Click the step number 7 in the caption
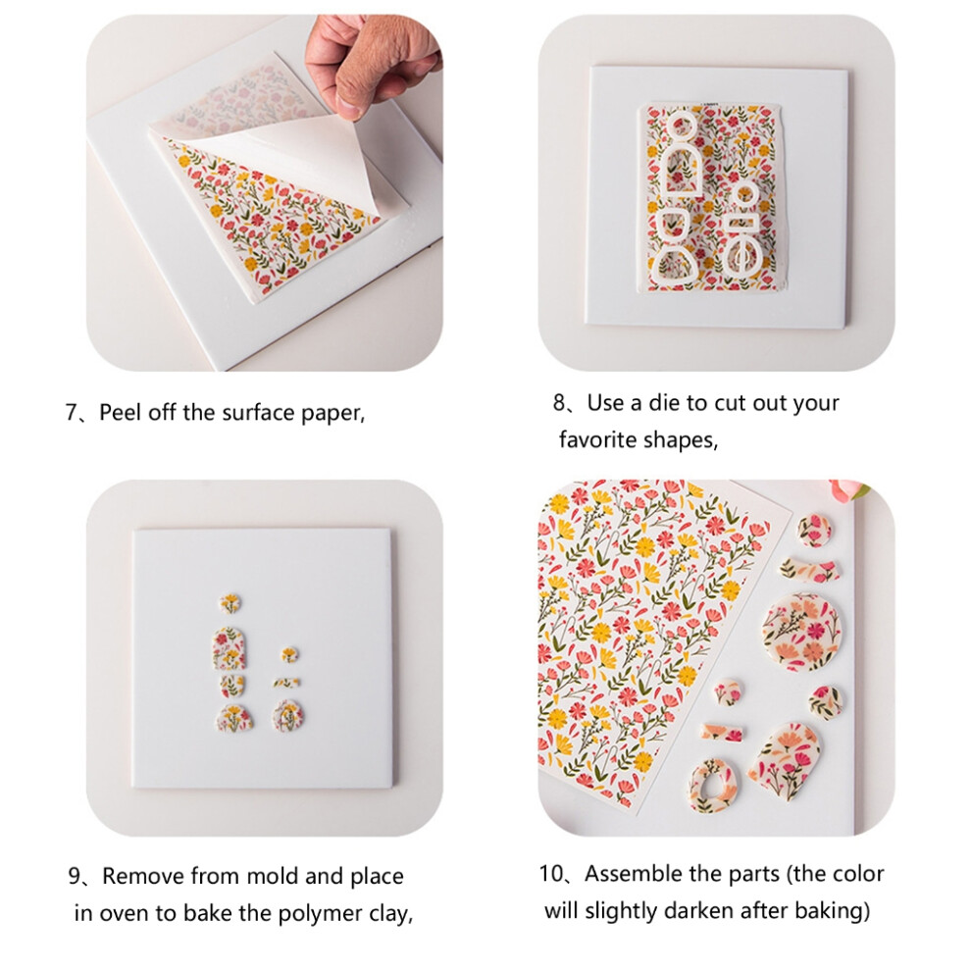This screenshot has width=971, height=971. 71,412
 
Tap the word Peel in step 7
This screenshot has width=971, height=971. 120,412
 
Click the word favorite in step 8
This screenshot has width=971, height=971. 598,439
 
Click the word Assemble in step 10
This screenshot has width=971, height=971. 634,874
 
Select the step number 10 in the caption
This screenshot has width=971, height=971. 550,874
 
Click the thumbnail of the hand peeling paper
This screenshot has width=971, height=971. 265,193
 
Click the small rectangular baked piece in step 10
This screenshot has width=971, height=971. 721,733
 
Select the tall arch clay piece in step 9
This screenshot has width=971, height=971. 228,648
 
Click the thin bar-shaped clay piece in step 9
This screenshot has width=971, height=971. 286,683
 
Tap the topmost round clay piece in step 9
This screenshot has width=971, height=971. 230,603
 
